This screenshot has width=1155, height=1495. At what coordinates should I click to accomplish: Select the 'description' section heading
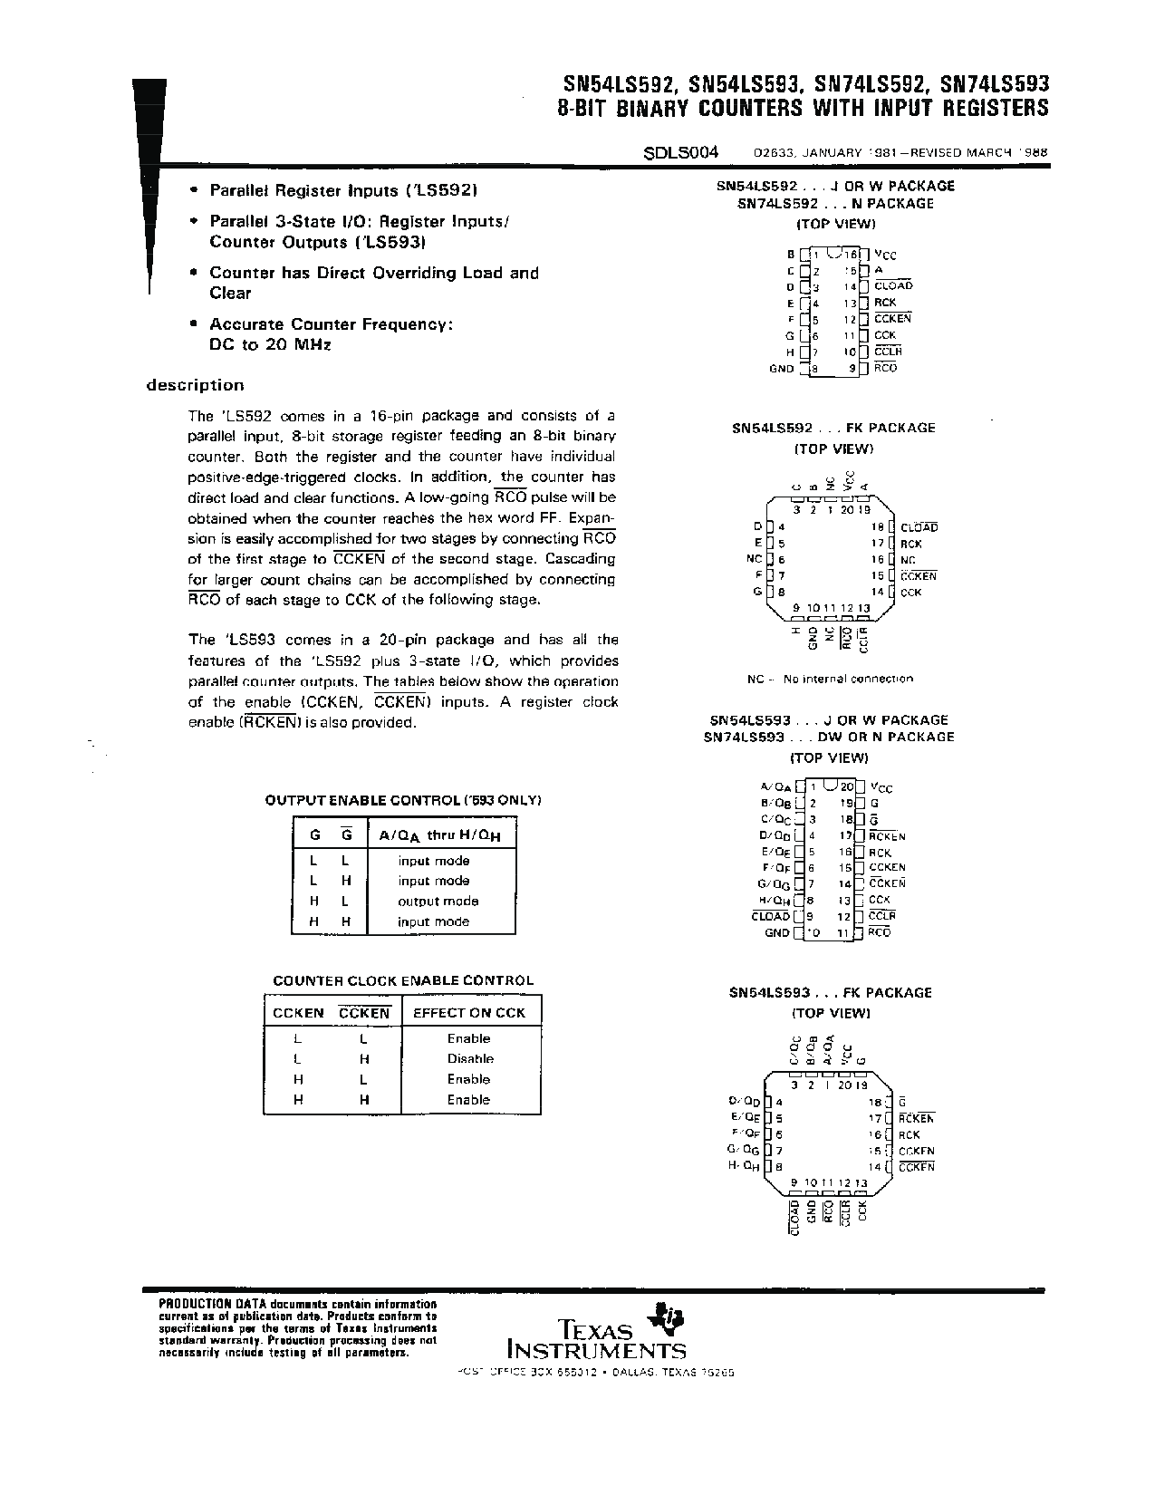(x=196, y=385)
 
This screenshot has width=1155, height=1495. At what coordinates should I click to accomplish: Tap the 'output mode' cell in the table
(x=438, y=902)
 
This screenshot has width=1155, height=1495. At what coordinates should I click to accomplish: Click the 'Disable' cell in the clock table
(x=470, y=1058)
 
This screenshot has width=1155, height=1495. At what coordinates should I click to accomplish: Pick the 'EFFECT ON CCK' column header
(x=469, y=1013)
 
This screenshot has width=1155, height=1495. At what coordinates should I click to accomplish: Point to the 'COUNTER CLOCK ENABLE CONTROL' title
(x=403, y=980)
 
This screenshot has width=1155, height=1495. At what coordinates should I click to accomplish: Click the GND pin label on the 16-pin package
(x=781, y=369)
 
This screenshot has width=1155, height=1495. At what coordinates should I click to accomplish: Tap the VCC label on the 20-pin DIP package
(x=881, y=788)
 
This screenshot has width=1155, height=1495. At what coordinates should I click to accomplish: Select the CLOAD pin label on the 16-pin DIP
(x=893, y=286)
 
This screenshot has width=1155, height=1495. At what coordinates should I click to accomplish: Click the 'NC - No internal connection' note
(x=830, y=679)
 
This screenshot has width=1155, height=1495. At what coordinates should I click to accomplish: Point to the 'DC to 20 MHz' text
(x=270, y=345)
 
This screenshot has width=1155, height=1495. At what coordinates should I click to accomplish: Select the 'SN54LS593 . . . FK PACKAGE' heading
(x=830, y=993)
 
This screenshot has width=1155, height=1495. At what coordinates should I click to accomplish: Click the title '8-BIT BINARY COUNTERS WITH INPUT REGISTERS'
(x=803, y=109)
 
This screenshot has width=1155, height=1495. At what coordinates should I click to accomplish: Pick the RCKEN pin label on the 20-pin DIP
(x=887, y=836)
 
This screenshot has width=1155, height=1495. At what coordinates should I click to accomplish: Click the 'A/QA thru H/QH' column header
(x=439, y=834)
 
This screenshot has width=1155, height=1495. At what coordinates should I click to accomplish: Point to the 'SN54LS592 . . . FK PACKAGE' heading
(x=833, y=428)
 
